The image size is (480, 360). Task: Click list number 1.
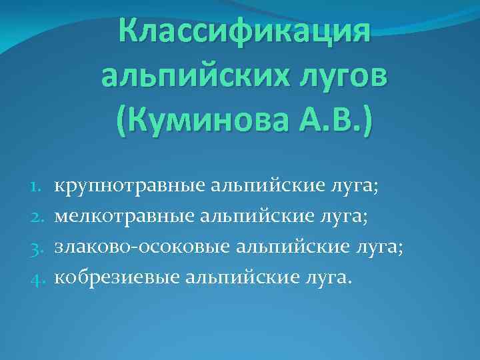pos(37,185)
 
